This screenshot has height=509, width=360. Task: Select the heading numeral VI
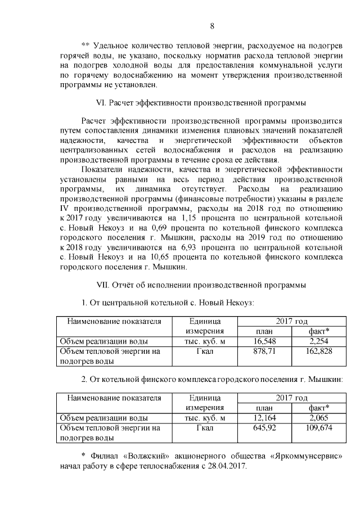point(101,103)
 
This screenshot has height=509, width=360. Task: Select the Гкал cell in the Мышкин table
point(205,427)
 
